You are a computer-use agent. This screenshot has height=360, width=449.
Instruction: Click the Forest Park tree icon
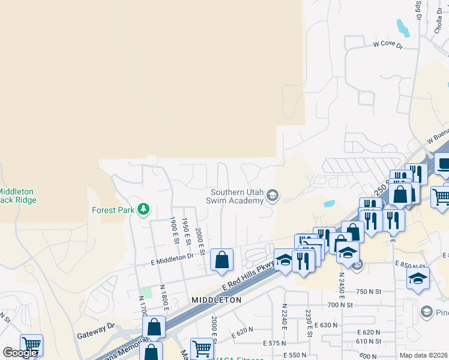pyautogui.click(x=143, y=209)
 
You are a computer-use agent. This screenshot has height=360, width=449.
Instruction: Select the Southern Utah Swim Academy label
pyautogui.click(x=237, y=196)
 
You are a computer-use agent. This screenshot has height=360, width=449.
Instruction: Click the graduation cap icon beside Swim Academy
pyautogui.click(x=273, y=194)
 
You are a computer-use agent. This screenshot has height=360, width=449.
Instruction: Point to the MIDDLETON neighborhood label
pyautogui.click(x=216, y=299)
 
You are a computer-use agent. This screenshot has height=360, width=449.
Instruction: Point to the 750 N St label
pyautogui.click(x=368, y=292)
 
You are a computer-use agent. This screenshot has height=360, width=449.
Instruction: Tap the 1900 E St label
pyautogui.click(x=175, y=230)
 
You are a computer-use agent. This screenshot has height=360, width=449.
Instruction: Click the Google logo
pyautogui.click(x=20, y=353)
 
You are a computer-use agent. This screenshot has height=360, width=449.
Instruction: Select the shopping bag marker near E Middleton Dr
pyautogui.click(x=221, y=260)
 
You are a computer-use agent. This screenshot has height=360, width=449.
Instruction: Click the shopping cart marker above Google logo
pyautogui.click(x=31, y=345)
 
